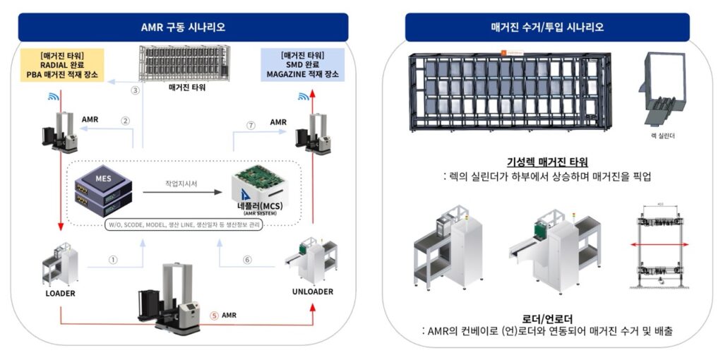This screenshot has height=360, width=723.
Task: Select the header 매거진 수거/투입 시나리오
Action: pyautogui.click(x=547, y=28)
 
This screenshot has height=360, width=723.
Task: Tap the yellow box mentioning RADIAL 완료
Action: pyautogui.click(x=64, y=64)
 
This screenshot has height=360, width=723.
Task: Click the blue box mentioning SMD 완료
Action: pyautogui.click(x=303, y=64)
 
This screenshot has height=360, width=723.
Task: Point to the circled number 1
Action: pyautogui.click(x=112, y=259)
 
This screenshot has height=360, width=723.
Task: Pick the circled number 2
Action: pyautogui.click(x=126, y=121)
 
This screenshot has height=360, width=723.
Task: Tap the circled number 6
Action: pyautogui.click(x=246, y=259)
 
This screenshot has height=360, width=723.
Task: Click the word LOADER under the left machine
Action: pyautogui.click(x=61, y=292)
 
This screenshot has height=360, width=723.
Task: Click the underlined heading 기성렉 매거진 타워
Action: pyautogui.click(x=548, y=162)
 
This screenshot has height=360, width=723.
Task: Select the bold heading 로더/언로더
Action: pyautogui.click(x=548, y=318)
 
